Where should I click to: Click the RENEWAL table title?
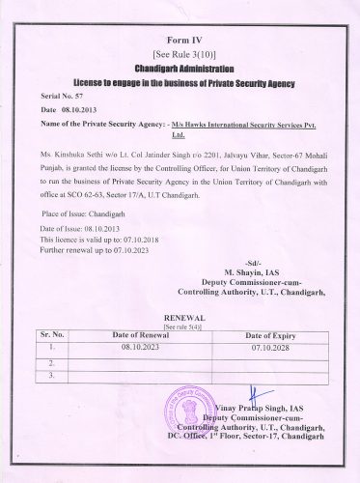[180, 317]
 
